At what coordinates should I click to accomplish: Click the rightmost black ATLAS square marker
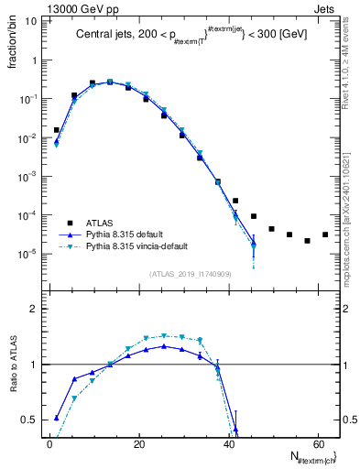[x=325, y=234]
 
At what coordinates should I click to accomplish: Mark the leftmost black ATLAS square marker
[x=56, y=130]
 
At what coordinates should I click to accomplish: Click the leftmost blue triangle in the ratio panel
[x=56, y=418]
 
